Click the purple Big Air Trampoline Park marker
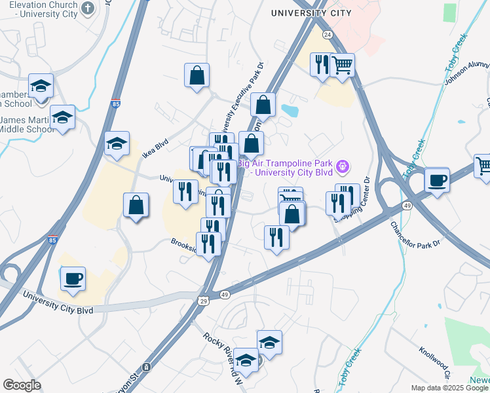[343, 168]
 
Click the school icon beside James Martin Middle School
[63, 117]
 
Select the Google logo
[22, 385]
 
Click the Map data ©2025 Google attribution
[449, 388]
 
